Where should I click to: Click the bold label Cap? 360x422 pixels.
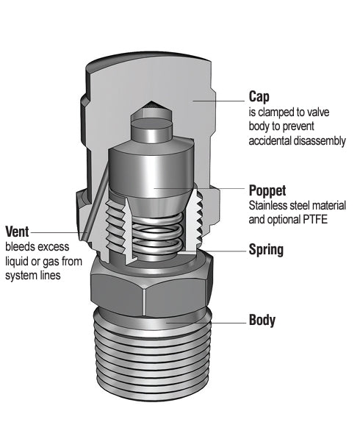(259, 97)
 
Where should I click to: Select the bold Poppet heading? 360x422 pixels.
(267, 191)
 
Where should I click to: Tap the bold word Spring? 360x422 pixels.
(266, 250)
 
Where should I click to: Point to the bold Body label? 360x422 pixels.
(262, 320)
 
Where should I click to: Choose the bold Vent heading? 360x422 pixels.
(17, 232)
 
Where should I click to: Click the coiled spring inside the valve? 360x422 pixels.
(157, 235)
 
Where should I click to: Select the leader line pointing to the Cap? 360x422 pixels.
(219, 101)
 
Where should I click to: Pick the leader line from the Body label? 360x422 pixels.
(206, 322)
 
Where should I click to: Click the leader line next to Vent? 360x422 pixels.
(59, 232)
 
